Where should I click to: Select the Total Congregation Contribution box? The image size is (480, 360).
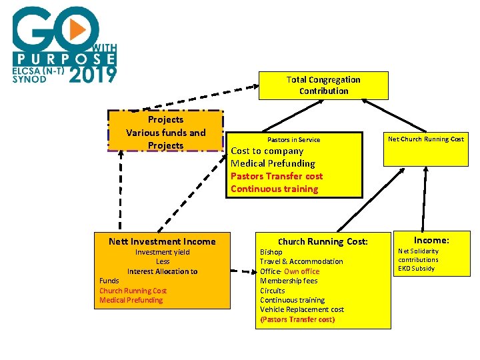click(x=323, y=85)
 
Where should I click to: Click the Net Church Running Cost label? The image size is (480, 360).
click(x=426, y=139)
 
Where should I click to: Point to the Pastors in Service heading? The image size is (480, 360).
click(x=293, y=140)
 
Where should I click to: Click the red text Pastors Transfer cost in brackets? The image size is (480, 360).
click(x=297, y=319)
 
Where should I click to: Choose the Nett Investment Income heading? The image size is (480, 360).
click(x=162, y=241)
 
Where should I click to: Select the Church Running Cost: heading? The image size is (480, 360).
click(x=323, y=241)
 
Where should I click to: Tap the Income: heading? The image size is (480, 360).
click(x=431, y=240)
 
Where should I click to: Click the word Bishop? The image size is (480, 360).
click(x=271, y=252)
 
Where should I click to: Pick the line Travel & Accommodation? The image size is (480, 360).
click(x=301, y=261)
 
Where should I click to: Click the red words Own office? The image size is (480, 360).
click(x=302, y=271)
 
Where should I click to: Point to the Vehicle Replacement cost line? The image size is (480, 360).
click(x=302, y=309)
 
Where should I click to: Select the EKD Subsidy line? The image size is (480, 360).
click(x=416, y=269)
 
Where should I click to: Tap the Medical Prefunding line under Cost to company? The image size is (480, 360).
click(x=273, y=163)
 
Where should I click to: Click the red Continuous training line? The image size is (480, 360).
click(x=274, y=189)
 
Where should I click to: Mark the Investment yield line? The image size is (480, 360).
click(x=163, y=252)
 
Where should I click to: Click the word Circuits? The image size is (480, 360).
click(x=272, y=291)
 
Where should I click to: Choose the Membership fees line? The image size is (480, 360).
click(x=289, y=281)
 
